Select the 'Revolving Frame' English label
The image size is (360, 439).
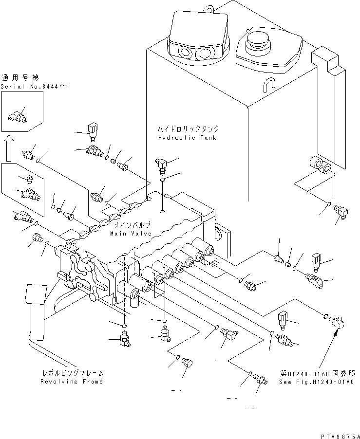(x=72, y=382)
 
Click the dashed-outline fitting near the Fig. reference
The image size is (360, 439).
(x=337, y=321)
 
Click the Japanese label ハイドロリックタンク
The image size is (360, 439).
(x=188, y=129)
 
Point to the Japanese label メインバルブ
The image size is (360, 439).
(x=132, y=225)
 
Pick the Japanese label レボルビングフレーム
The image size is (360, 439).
(x=72, y=373)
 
